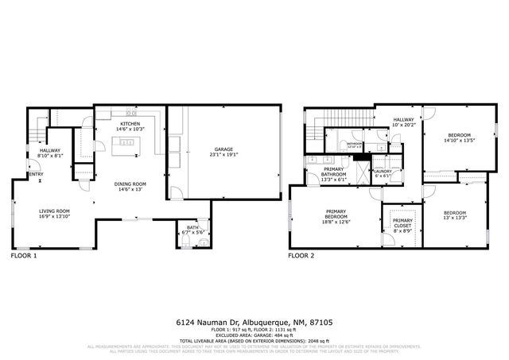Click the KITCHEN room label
pyautogui.click(x=130, y=124)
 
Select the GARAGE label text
pyautogui.click(x=223, y=149)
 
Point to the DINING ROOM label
pyautogui.click(x=130, y=184)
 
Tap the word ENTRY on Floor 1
pyautogui.click(x=36, y=174)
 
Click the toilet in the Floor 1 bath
pyautogui.click(x=204, y=225)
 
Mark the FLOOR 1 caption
pyautogui.click(x=23, y=257)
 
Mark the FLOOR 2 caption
pyautogui.click(x=301, y=257)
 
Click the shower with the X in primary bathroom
pyautogui.click(x=362, y=169)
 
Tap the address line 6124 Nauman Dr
pyautogui.click(x=254, y=323)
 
